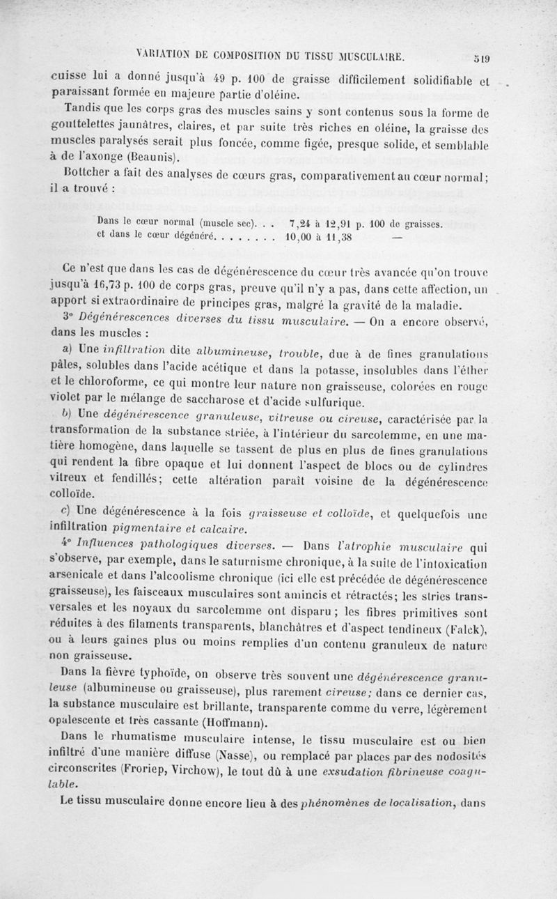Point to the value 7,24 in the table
click(x=300, y=222)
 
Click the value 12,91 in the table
click(x=337, y=223)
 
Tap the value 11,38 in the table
click(x=337, y=236)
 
